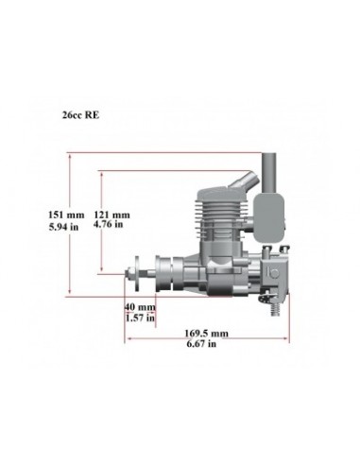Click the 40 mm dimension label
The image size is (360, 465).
click(139, 306)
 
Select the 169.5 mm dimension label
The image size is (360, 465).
click(208, 334)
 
